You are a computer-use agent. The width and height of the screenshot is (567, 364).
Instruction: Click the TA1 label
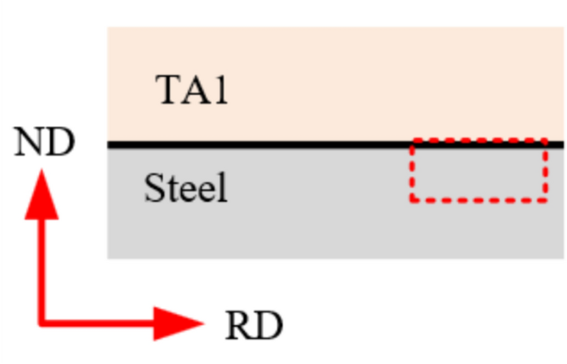(191, 90)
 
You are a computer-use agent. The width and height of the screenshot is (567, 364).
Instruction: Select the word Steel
(185, 189)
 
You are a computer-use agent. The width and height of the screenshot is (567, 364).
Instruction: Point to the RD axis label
(253, 326)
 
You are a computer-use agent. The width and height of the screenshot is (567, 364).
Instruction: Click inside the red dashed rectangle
(478, 172)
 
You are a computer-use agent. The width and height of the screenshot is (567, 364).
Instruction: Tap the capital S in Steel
(154, 189)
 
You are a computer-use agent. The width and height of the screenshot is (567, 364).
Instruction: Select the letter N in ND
(30, 143)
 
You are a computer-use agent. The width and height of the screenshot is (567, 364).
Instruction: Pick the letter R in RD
(238, 326)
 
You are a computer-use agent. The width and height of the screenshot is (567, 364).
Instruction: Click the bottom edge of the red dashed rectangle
(478, 199)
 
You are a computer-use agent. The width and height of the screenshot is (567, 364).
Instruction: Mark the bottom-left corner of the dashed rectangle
(412, 199)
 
